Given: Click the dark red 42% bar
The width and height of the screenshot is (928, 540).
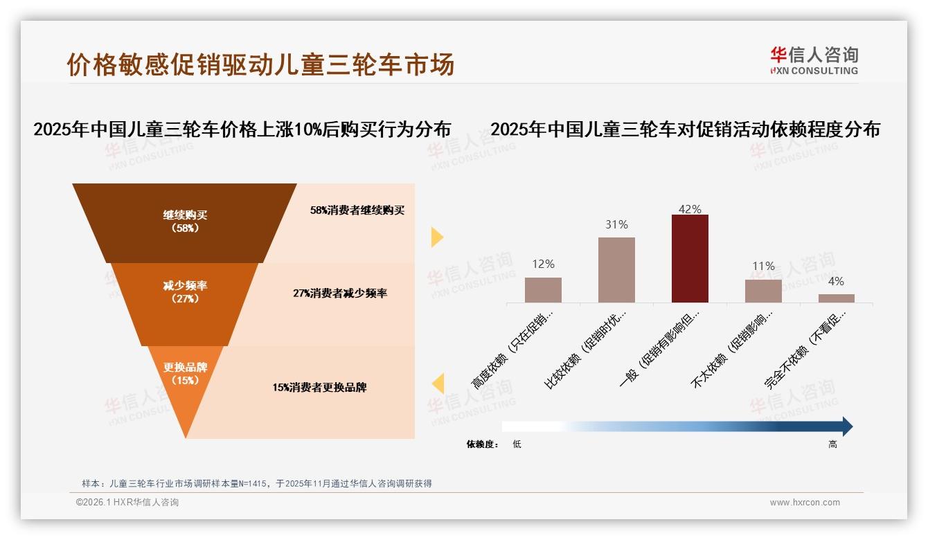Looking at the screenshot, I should tap(690, 258).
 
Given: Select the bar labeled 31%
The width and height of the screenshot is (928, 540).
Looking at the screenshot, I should tap(616, 270).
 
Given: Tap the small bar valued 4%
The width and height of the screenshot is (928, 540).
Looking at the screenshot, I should tap(836, 298).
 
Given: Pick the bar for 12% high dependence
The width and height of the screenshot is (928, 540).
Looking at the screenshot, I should tap(543, 289).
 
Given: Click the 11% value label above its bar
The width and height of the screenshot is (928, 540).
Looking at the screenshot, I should tap(763, 267).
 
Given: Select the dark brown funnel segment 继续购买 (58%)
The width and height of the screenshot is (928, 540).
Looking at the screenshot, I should tap(185, 222).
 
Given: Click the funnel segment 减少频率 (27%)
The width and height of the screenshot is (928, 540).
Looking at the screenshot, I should tap(185, 291).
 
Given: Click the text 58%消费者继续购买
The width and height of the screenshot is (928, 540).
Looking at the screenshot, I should tap(357, 210).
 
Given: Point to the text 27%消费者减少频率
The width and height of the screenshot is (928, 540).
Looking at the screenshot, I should tap(340, 294).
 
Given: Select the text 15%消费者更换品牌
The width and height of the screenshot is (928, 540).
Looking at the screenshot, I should tap(319, 388).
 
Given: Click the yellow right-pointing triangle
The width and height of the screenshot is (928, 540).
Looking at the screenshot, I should tap(436, 237).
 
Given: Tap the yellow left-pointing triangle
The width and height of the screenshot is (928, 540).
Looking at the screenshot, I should tap(437, 383).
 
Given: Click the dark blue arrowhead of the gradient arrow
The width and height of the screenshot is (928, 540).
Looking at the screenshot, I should tap(846, 426).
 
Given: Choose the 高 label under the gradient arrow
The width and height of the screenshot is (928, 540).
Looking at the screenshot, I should tap(832, 444).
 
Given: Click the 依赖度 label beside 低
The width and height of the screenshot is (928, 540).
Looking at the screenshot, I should tap(482, 444).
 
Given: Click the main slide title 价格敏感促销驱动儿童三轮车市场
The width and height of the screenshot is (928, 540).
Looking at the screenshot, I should tap(260, 64).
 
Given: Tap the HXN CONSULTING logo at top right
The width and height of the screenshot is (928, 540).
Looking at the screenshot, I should tap(814, 61).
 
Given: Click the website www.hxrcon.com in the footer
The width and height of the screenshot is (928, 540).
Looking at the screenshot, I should tap(805, 503).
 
